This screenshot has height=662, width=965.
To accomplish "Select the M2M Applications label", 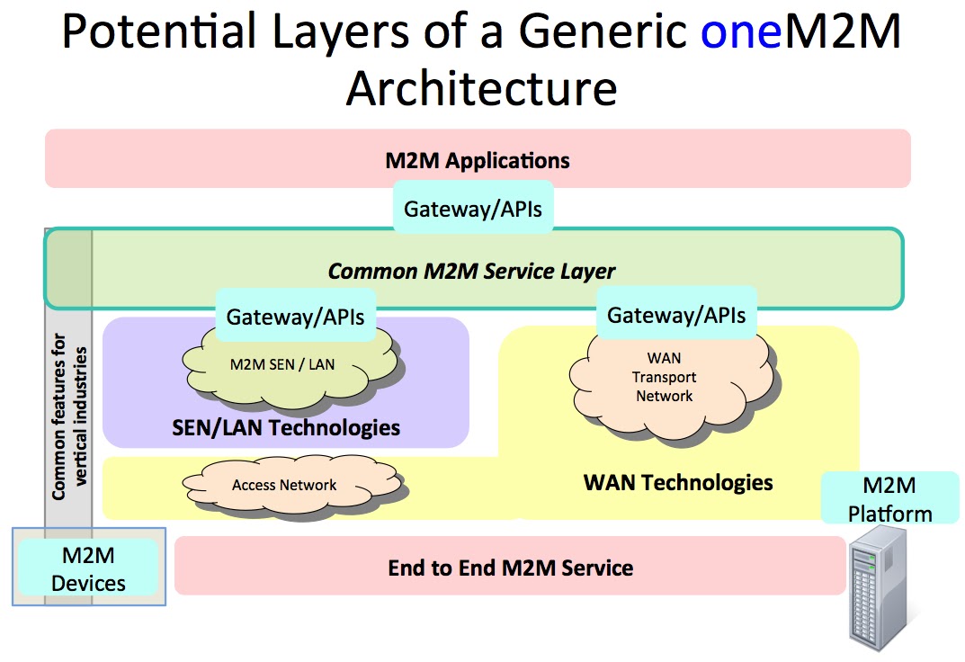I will pyautogui.click(x=478, y=161).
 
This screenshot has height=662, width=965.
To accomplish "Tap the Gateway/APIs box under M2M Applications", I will pyautogui.click(x=473, y=209).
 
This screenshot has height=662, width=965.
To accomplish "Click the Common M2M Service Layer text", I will pyautogui.click(x=471, y=271).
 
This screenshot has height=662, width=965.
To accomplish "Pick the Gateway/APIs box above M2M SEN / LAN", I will pyautogui.click(x=295, y=316).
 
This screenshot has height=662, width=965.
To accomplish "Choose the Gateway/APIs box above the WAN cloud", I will pyautogui.click(x=676, y=315).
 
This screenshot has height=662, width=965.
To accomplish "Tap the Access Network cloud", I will pyautogui.click(x=284, y=486).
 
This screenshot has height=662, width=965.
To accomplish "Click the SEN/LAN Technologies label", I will pyautogui.click(x=286, y=427).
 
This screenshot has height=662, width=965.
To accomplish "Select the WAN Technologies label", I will pyautogui.click(x=678, y=482).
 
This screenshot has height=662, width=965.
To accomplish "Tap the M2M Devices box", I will pyautogui.click(x=88, y=569).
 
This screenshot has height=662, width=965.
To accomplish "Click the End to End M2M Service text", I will pyautogui.click(x=510, y=568).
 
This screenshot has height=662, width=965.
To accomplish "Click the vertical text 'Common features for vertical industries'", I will pyautogui.click(x=69, y=416).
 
